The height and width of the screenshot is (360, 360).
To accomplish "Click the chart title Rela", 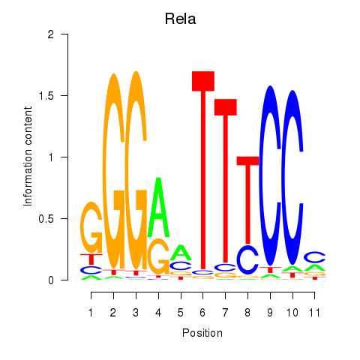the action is click(180, 19).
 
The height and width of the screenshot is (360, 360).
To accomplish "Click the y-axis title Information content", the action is click(28, 157).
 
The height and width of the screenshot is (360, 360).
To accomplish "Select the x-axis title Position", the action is click(202, 333).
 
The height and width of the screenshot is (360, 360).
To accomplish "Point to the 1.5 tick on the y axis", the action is click(64, 95).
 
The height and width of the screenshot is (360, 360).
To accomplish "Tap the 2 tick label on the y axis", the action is click(51, 34).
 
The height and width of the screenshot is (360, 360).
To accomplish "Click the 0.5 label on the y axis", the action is click(46, 219).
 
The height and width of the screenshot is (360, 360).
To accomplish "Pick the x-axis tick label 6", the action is click(202, 313).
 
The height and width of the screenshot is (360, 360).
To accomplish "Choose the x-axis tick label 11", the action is click(314, 313).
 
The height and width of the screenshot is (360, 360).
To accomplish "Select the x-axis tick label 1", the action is click(91, 313).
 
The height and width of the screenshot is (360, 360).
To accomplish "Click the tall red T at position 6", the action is click(203, 170).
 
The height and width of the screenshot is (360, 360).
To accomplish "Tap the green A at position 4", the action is click(158, 207).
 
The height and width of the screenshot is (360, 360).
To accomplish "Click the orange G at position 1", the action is click(91, 227).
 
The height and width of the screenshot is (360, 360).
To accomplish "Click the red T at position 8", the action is click(247, 200).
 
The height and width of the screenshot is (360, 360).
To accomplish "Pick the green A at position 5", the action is click(181, 253).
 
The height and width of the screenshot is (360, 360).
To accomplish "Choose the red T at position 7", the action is click(226, 180).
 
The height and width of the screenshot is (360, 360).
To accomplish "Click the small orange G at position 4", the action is click(158, 256).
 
